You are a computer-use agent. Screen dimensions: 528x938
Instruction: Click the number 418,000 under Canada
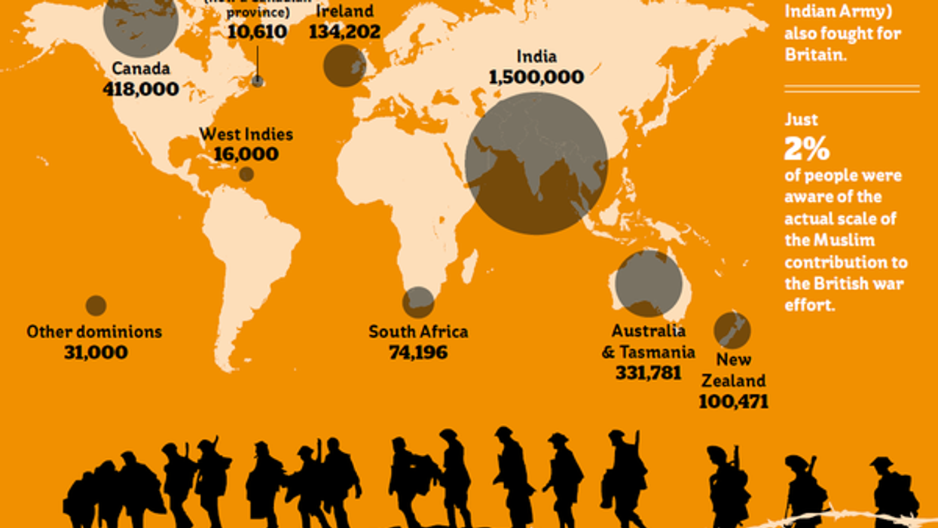[142, 89]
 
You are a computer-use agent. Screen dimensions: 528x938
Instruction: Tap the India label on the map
[536, 57]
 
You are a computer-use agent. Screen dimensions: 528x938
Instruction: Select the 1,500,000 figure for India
[536, 77]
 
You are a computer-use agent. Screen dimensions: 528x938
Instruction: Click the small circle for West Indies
[246, 174]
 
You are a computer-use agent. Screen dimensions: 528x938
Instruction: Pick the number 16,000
[246, 154]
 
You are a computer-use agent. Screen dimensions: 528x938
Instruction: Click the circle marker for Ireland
[344, 66]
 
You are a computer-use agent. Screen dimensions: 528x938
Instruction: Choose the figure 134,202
[344, 32]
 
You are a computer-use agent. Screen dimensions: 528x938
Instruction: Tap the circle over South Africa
[418, 302]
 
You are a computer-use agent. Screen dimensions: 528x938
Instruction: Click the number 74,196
[418, 352]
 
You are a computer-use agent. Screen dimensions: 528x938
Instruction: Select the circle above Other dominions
[96, 305]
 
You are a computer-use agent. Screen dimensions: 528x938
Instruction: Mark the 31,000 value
[95, 352]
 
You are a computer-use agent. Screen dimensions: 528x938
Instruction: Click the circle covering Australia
[648, 283]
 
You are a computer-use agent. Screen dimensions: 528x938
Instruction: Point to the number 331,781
[648, 373]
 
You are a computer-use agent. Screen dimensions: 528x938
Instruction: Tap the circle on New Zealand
[732, 330]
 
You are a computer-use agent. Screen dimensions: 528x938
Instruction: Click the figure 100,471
[733, 401]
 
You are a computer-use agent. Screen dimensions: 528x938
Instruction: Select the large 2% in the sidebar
[806, 149]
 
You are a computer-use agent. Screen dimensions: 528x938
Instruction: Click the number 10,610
[257, 32]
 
